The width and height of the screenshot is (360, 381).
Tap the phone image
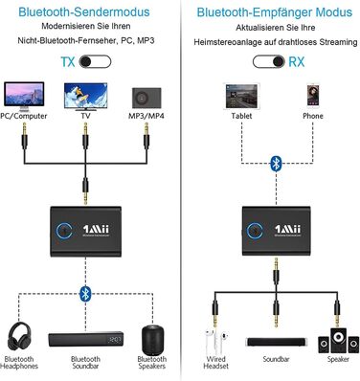(312, 95)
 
